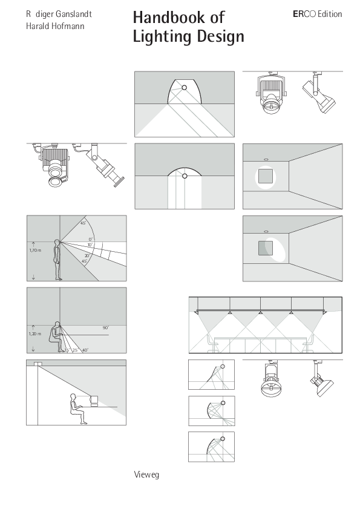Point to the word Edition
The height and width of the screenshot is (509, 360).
pos(330,14)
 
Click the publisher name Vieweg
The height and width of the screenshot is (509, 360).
pos(146,475)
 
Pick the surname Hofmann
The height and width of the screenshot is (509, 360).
pos(70,26)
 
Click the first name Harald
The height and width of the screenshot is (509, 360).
pos(38,26)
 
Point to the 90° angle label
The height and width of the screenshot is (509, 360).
pos(105,327)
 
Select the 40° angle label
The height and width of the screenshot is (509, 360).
pos(85,350)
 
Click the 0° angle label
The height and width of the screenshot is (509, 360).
pos(91,240)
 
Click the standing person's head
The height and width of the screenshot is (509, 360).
pos(57,243)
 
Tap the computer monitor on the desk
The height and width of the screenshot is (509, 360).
pos(93,400)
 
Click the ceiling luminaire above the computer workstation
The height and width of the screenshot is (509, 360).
pos(38,364)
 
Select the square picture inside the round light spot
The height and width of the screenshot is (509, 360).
pos(264,177)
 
